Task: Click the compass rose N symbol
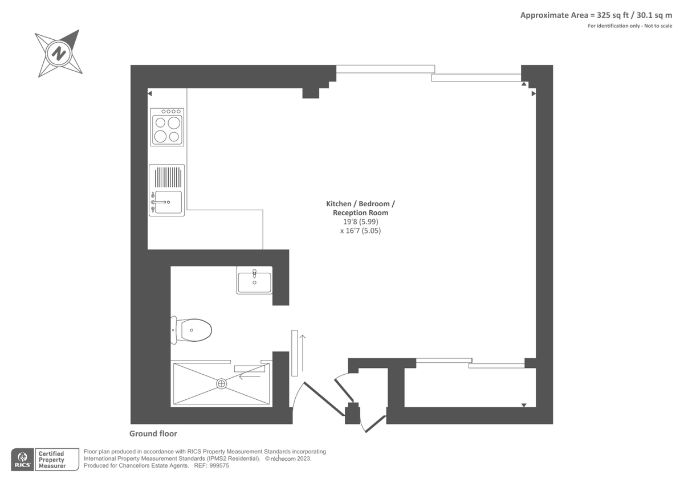point(59,54)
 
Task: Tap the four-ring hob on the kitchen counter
point(167,127)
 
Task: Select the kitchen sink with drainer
point(166,190)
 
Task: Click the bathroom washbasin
point(254,280)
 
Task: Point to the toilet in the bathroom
point(191,330)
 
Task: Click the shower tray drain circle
point(221,383)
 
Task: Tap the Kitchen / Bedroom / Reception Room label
point(360,208)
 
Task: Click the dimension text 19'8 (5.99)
point(360,222)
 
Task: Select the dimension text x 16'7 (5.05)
point(360,231)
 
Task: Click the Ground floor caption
point(153,433)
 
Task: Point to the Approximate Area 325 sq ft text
point(574,15)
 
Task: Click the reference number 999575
point(219,465)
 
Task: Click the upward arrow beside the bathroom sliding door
point(302,353)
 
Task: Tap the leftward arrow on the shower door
point(250,376)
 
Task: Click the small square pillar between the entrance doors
point(352,413)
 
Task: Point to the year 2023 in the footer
point(304,459)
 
